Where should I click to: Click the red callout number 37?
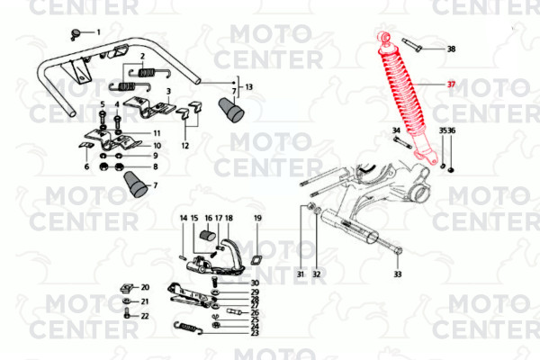pyautogui.click(x=451, y=85)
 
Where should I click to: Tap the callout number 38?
pyautogui.click(x=451, y=49)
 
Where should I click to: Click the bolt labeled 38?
pyautogui.click(x=411, y=45)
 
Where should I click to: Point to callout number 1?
pyautogui.click(x=98, y=32)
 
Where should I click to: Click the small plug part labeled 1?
pyautogui.click(x=75, y=34)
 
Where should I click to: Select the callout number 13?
pyautogui.click(x=248, y=86)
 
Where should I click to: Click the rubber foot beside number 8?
pyautogui.click(x=135, y=184)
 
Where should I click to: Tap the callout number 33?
pyautogui.click(x=398, y=274)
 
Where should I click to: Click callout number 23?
pyautogui.click(x=255, y=333)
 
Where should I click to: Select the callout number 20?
pyautogui.click(x=145, y=287)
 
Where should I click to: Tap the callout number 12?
pyautogui.click(x=185, y=146)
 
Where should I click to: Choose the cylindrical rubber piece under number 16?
pyautogui.click(x=208, y=235)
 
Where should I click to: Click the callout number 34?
pyautogui.click(x=396, y=130)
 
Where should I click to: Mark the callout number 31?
pyautogui.click(x=301, y=274)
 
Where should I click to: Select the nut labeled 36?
pyautogui.click(x=451, y=169)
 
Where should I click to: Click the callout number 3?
pyautogui.click(x=168, y=91)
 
